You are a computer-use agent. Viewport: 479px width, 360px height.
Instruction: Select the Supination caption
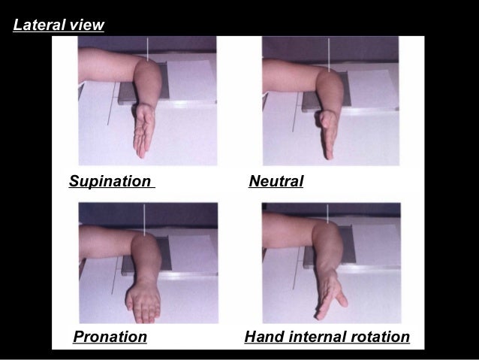point(110,182)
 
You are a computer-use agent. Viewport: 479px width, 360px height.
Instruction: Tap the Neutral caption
point(276,182)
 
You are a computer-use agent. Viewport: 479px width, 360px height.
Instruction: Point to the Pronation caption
point(110,337)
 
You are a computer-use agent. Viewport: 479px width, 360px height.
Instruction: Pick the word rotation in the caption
point(379,337)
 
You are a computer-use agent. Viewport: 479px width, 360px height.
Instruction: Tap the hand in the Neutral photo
point(327,132)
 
